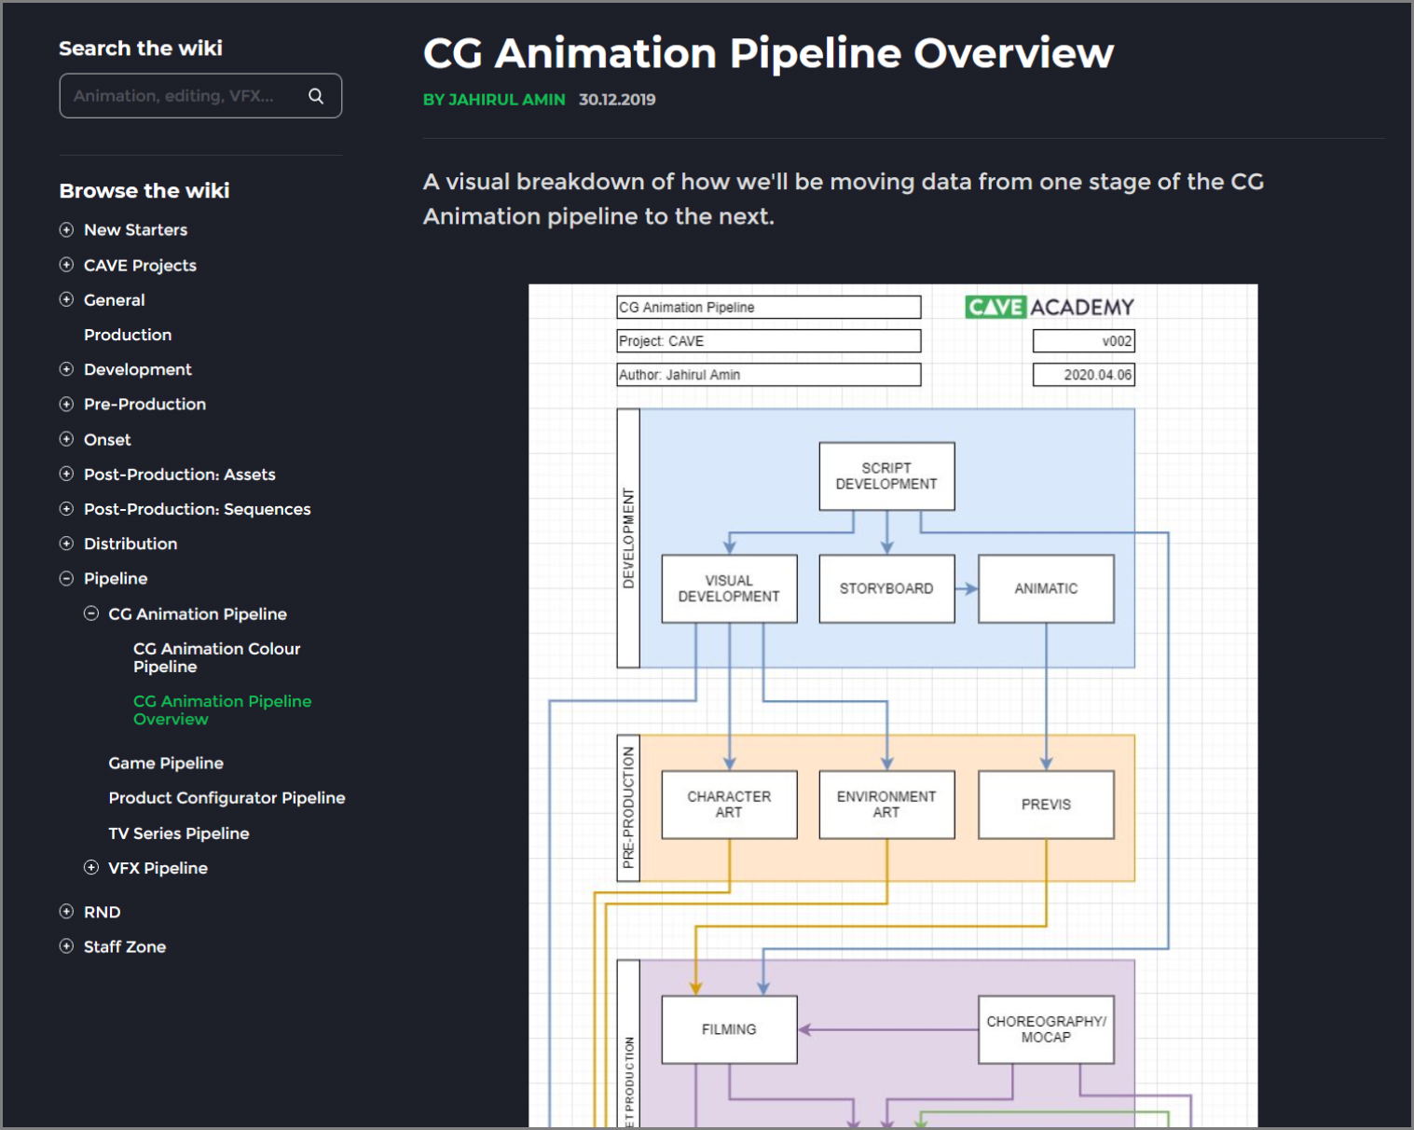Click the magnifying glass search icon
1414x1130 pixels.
(x=316, y=96)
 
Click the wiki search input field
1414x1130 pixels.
(x=182, y=96)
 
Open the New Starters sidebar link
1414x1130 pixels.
(x=135, y=230)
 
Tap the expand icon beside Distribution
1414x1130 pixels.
(x=66, y=544)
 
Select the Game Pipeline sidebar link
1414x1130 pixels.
(x=166, y=764)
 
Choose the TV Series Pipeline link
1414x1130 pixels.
(x=179, y=834)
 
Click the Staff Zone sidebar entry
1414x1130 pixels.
(x=125, y=947)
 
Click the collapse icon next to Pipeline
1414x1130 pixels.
(x=66, y=579)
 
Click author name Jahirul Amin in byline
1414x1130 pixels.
(x=506, y=100)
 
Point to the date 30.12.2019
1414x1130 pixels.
(x=617, y=100)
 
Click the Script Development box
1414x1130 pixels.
(x=886, y=476)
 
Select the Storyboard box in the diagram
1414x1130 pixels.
(x=886, y=589)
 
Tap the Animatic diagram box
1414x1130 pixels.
(x=1046, y=589)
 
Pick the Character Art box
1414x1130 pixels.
(x=729, y=805)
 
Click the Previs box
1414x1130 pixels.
(x=1046, y=805)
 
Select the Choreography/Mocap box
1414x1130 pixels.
(x=1046, y=1029)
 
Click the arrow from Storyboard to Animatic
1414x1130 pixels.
(x=967, y=589)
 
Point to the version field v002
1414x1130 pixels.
(x=1083, y=341)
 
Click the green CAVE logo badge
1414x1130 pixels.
(x=995, y=308)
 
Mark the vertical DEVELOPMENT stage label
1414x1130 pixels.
(x=628, y=538)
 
